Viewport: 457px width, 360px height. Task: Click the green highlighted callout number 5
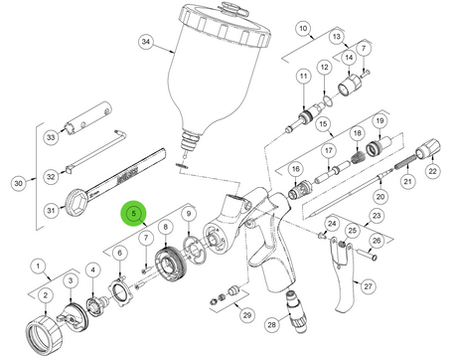[x=134, y=213]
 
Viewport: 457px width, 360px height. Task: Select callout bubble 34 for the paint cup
[x=146, y=42]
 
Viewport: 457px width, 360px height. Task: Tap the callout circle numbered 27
[x=368, y=286]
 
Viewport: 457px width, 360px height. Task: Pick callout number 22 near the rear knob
[x=433, y=171]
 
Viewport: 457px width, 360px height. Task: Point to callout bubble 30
[x=19, y=183]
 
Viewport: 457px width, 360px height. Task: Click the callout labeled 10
[x=303, y=29]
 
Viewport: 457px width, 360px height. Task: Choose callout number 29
[x=247, y=315]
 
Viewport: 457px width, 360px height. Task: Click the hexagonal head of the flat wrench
[x=76, y=202]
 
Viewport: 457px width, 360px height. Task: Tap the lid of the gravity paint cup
[x=226, y=24]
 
